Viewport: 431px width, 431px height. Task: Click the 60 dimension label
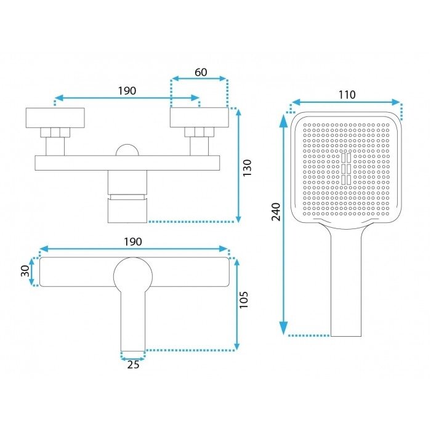click(x=201, y=72)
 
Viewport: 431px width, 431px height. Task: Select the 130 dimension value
click(x=247, y=167)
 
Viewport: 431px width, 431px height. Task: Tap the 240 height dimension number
click(x=276, y=212)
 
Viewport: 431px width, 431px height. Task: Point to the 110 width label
click(x=347, y=95)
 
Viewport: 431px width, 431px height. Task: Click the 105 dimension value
click(x=244, y=300)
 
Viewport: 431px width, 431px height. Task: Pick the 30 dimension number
click(x=25, y=271)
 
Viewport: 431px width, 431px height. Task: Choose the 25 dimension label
click(x=133, y=365)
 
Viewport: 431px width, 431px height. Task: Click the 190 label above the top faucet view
click(x=127, y=91)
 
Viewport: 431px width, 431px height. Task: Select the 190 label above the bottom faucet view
click(x=133, y=242)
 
